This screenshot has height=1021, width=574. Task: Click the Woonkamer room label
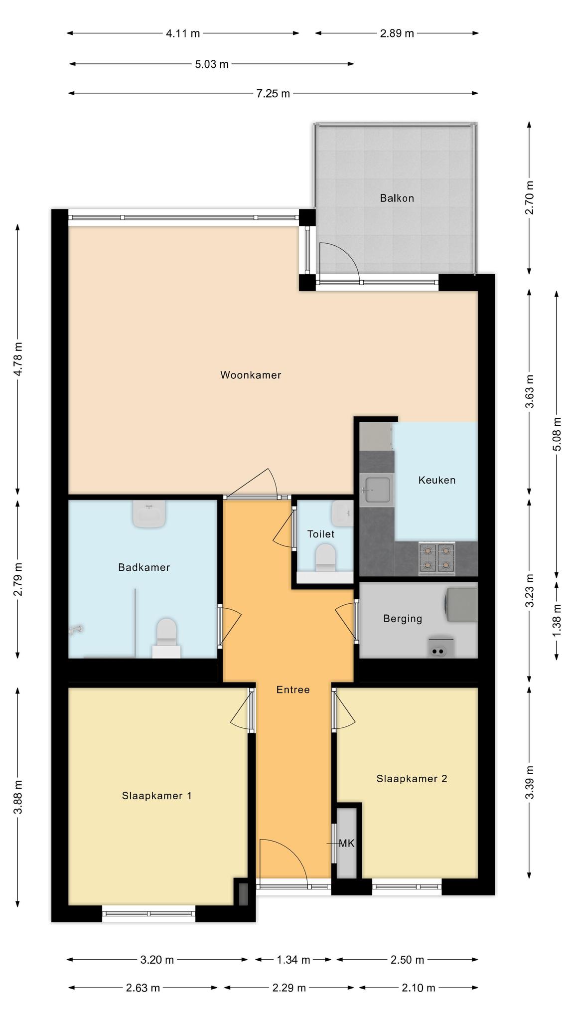[x=251, y=375]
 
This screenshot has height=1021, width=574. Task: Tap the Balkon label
[x=397, y=198]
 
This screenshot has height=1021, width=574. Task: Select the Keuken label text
[x=436, y=480]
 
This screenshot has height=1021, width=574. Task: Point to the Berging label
[x=403, y=619]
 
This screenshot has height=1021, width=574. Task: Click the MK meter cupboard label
[x=346, y=844]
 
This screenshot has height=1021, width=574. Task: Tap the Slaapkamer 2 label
[x=412, y=779]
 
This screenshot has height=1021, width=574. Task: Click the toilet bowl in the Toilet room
[x=326, y=557]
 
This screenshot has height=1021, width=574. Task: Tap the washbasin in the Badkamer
[x=149, y=514]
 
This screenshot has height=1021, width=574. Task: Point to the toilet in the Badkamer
[x=166, y=638]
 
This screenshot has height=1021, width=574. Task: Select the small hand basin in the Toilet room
[x=342, y=513]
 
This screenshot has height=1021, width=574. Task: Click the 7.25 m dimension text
[x=273, y=93]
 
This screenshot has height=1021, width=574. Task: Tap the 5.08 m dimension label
[x=557, y=434]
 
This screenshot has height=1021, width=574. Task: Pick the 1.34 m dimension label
[x=293, y=960]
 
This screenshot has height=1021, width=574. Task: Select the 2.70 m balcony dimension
[x=529, y=197]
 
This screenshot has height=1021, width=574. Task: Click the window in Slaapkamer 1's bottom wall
[x=148, y=913]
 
